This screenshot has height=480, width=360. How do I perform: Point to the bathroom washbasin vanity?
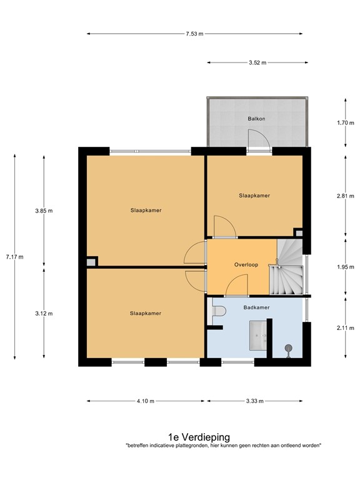coord(257,336)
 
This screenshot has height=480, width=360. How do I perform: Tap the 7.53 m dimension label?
coord(194,34)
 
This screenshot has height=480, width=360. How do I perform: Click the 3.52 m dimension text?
coord(257,62)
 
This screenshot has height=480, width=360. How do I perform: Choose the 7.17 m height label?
coord(14,257)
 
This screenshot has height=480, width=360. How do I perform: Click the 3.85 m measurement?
coord(44,211)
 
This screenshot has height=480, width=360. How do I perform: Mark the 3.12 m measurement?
coord(44,314)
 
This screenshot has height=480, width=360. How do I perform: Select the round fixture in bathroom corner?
coord(288,348)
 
